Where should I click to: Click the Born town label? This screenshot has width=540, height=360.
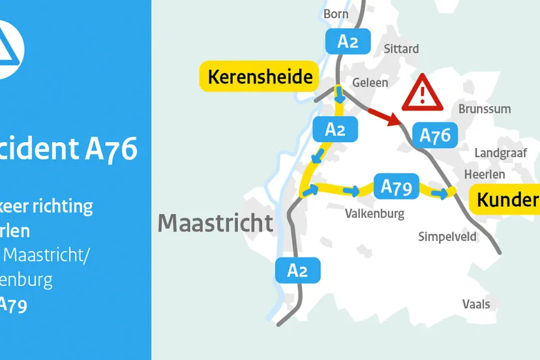(x=336, y=14)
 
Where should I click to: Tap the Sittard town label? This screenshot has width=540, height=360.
(x=401, y=49)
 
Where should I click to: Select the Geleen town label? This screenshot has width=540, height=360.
(x=370, y=83)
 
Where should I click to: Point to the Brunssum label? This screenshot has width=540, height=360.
(x=485, y=109)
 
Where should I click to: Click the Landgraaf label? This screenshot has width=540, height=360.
(x=500, y=152)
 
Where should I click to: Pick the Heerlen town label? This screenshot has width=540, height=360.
(x=485, y=174)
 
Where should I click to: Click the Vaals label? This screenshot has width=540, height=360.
(x=476, y=304)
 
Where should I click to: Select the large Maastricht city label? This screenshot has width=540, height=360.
(x=216, y=223)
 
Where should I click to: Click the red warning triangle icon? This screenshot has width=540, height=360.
(x=422, y=95)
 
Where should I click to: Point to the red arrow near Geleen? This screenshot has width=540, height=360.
(x=384, y=117)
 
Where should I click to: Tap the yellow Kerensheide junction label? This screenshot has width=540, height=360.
(x=260, y=77)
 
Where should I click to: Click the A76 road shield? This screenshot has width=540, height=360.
(x=435, y=136)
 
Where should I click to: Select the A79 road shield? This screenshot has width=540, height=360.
(x=396, y=187)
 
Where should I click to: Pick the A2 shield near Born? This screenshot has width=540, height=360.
(x=348, y=42)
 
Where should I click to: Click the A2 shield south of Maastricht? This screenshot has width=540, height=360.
(x=297, y=270)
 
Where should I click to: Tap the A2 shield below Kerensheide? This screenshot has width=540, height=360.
(x=335, y=129)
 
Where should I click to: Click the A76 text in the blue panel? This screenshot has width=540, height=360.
(x=112, y=149)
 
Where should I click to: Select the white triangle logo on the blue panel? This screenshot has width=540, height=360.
(x=10, y=49)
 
